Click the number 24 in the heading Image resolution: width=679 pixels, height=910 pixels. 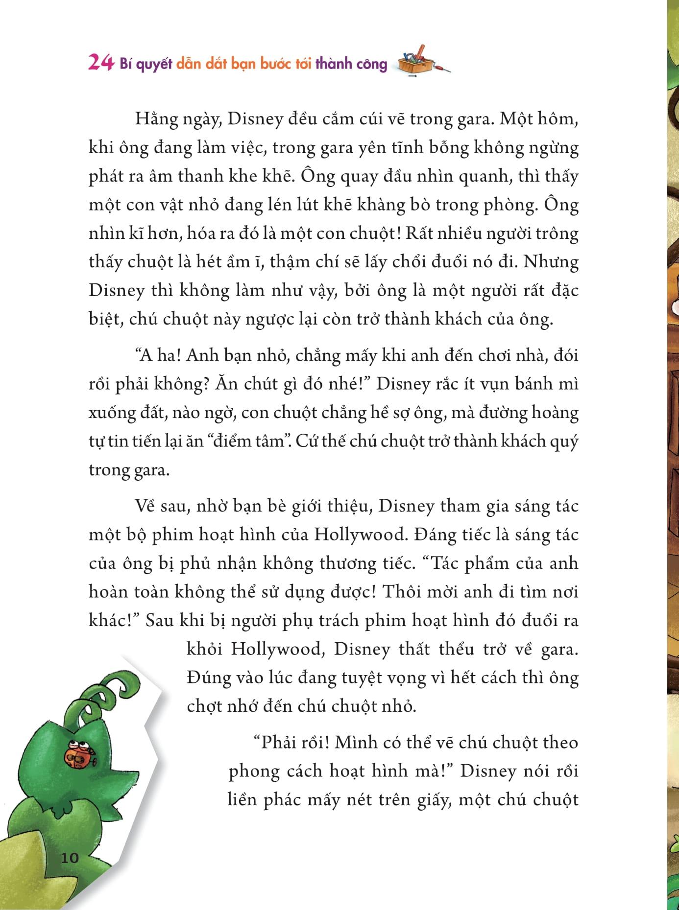click(x=101, y=63)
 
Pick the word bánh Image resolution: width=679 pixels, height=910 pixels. click(x=534, y=384)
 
